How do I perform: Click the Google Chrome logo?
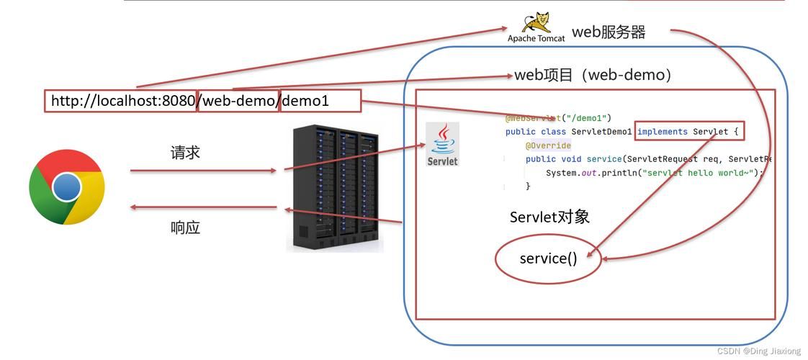[67, 187]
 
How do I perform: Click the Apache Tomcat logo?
[537, 27]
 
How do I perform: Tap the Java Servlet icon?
[442, 144]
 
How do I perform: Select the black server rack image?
[335, 189]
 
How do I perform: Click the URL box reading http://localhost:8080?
[121, 101]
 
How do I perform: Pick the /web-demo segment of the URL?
[238, 101]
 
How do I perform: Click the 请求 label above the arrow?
[185, 153]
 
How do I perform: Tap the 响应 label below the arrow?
[185, 228]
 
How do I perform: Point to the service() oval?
[548, 258]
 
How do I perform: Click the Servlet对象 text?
[549, 217]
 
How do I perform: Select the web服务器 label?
[609, 32]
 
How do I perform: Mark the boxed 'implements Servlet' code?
[688, 132]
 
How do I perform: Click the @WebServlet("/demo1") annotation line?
[558, 118]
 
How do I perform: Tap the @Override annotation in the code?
[548, 145]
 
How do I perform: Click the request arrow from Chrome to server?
[203, 171]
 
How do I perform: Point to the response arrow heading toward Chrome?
[203, 207]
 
